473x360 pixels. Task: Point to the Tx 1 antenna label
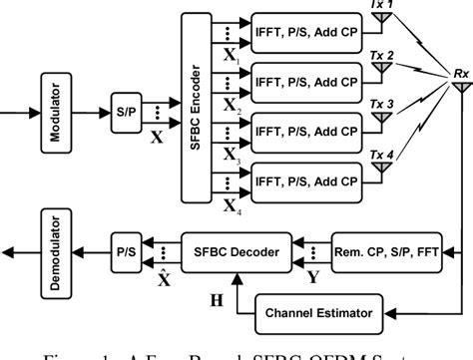coord(382,6)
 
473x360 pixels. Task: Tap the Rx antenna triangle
coord(460,89)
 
